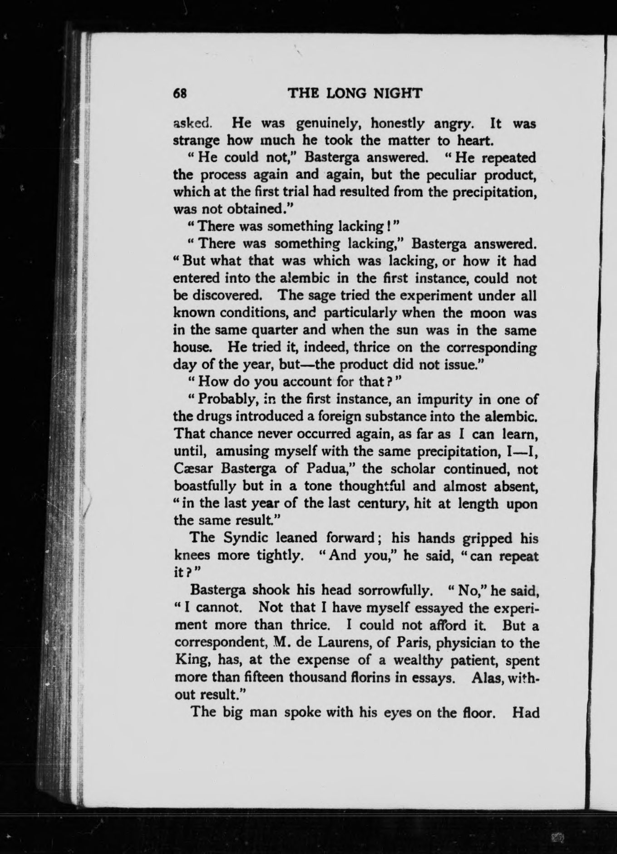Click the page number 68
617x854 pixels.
pyautogui.click(x=180, y=94)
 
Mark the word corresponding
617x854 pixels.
pyautogui.click(x=491, y=347)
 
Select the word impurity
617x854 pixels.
pyautogui.click(x=444, y=400)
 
